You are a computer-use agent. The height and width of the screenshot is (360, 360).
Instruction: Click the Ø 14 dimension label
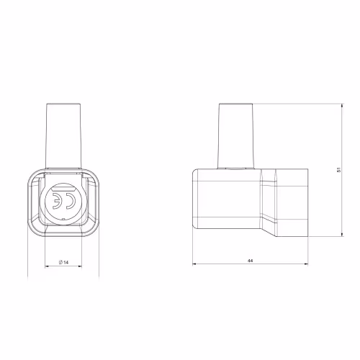pyautogui.click(x=63, y=262)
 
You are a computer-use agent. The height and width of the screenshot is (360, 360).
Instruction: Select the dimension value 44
pyautogui.click(x=250, y=261)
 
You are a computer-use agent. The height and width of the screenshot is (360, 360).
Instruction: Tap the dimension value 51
pyautogui.click(x=338, y=170)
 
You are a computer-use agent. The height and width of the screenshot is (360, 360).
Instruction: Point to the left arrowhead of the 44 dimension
pyautogui.click(x=194, y=264)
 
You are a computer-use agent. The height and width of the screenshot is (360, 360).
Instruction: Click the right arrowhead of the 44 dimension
pyautogui.click(x=306, y=264)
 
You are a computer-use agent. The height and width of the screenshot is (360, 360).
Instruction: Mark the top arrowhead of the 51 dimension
pyautogui.click(x=342, y=106)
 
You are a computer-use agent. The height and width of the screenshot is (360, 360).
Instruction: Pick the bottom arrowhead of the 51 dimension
pyautogui.click(x=342, y=235)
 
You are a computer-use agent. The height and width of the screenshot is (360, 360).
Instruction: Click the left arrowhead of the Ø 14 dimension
pyautogui.click(x=47, y=266)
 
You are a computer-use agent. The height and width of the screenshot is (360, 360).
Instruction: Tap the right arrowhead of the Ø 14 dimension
pyautogui.click(x=80, y=266)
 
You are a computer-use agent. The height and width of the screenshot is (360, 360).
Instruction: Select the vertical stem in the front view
pyautogui.click(x=63, y=135)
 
